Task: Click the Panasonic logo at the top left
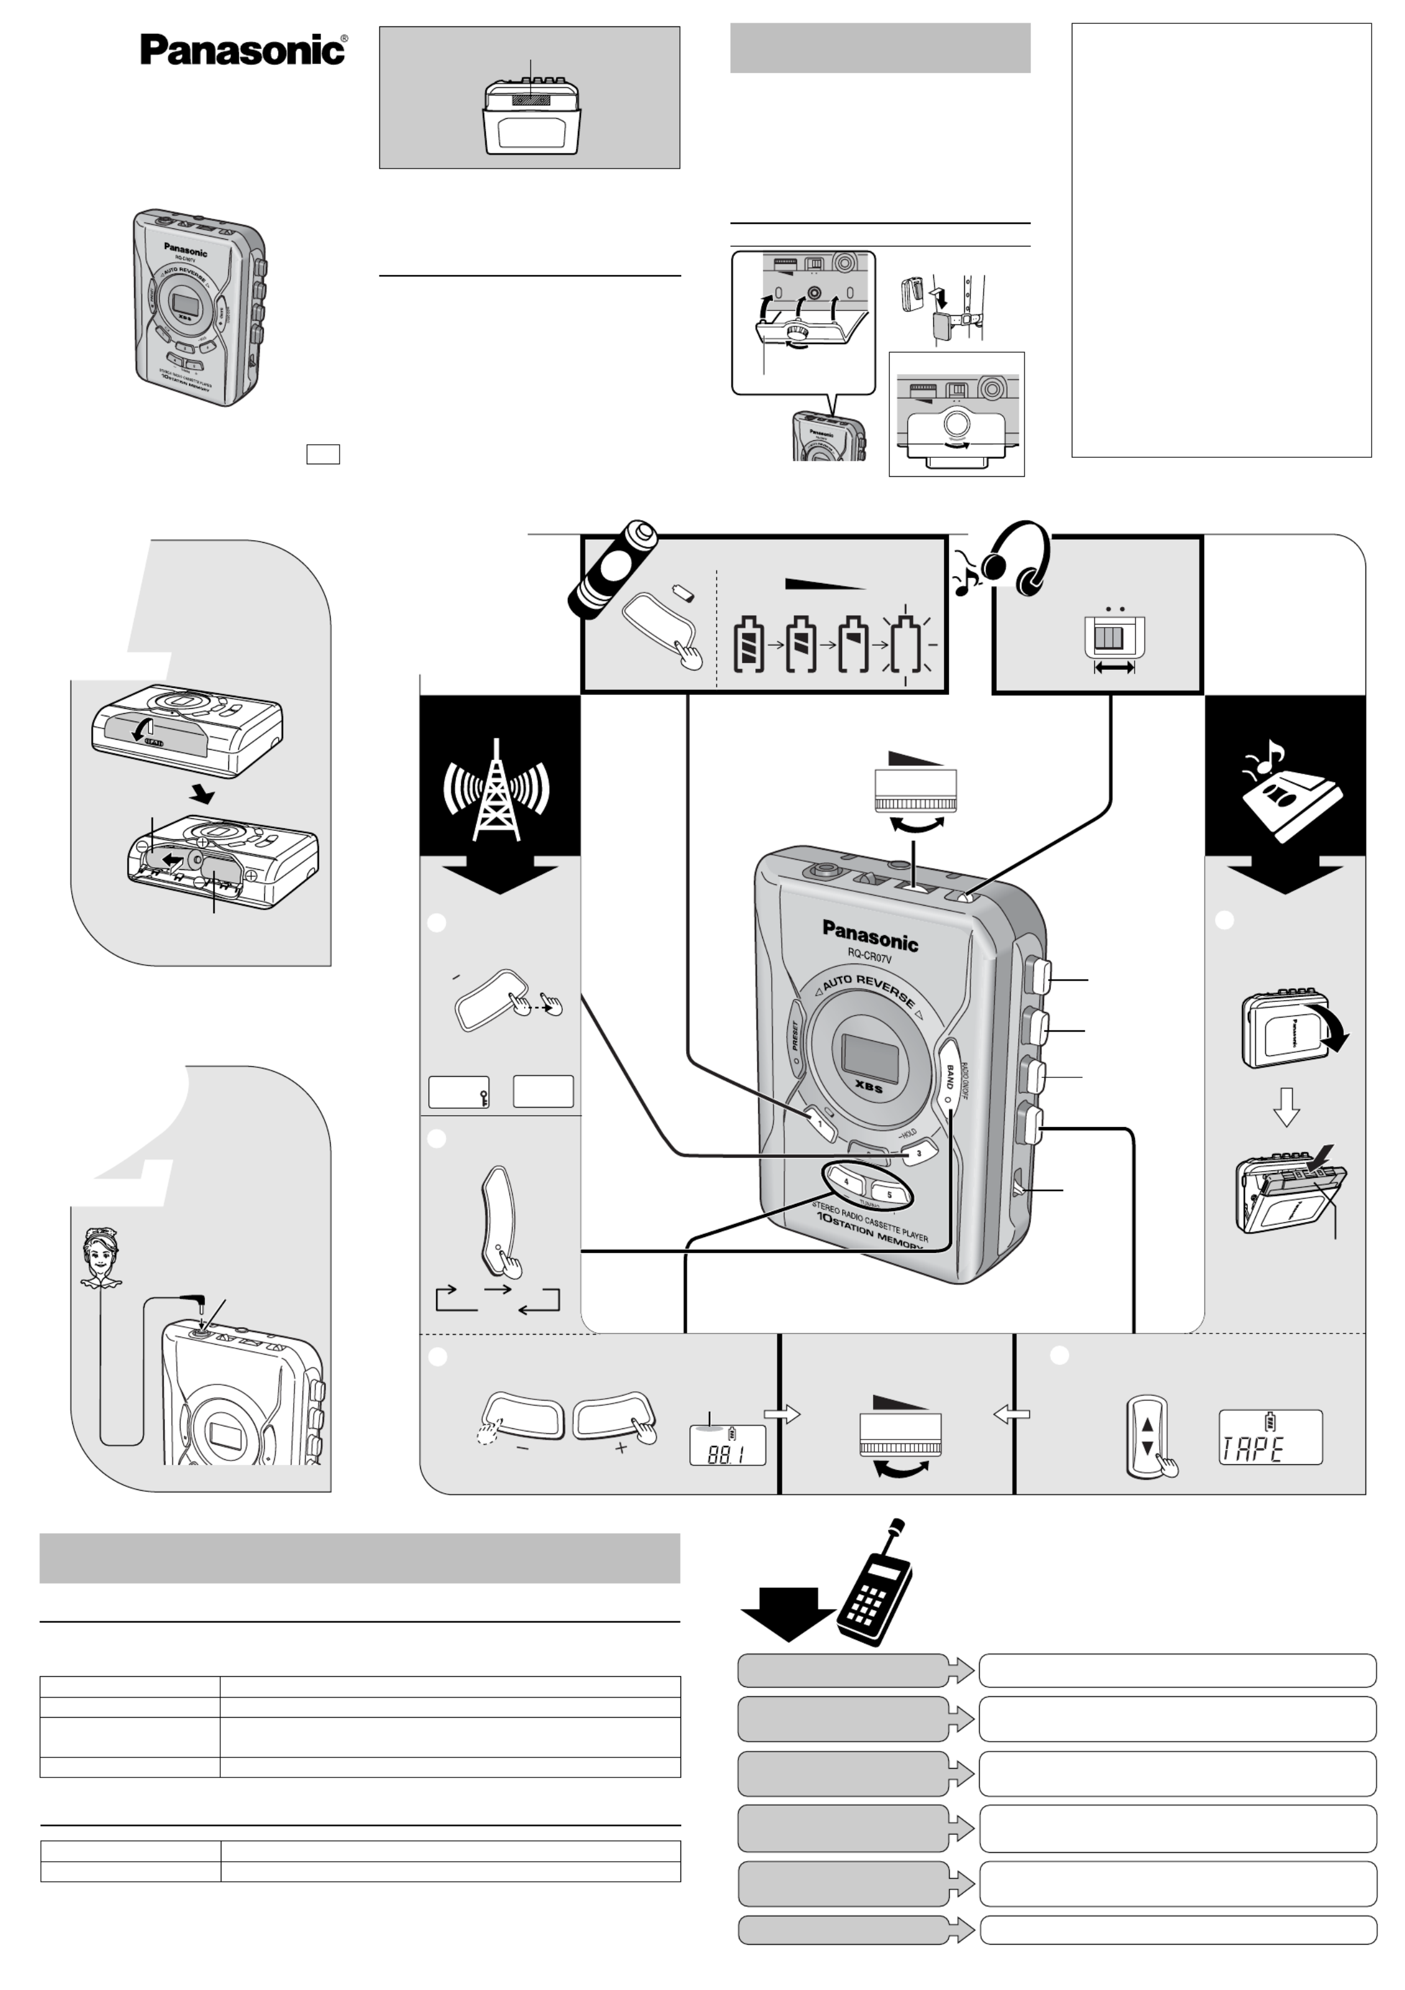[x=243, y=50]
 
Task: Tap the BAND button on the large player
[x=949, y=1079]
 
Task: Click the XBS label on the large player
[x=868, y=1087]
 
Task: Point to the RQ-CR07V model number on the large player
[x=869, y=958]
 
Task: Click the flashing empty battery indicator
[x=908, y=646]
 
